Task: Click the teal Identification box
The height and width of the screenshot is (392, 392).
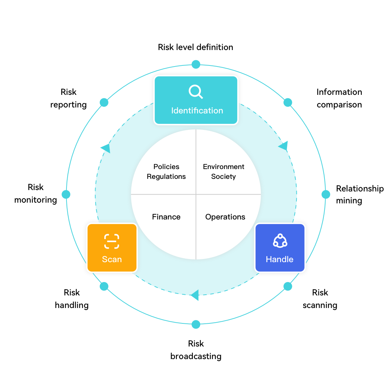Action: tap(196, 100)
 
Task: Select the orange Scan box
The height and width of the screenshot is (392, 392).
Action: tap(112, 248)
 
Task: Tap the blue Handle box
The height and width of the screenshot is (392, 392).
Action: tap(280, 248)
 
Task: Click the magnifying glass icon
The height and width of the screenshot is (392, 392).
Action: tap(196, 92)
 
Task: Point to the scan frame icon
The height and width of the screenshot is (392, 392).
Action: tap(112, 241)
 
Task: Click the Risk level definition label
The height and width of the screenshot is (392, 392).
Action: tap(195, 47)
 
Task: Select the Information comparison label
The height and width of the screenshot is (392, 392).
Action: tap(339, 98)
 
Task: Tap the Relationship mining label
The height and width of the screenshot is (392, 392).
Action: tap(359, 195)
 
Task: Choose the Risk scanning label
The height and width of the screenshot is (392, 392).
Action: tap(320, 299)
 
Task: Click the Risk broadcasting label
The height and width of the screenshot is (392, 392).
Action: tap(196, 350)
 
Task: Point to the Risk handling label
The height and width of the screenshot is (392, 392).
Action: tap(72, 299)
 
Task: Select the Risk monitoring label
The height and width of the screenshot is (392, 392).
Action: tap(36, 194)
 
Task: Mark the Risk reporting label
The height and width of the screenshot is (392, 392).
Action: tap(69, 98)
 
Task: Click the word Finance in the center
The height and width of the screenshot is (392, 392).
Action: tap(166, 217)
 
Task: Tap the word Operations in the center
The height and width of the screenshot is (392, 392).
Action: tap(225, 217)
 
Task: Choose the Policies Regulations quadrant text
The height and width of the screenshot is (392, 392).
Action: tap(166, 171)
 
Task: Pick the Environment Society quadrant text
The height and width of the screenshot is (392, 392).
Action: tap(224, 171)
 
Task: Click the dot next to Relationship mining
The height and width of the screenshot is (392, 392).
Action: tap(326, 194)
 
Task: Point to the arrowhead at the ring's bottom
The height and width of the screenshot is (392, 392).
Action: tap(195, 295)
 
